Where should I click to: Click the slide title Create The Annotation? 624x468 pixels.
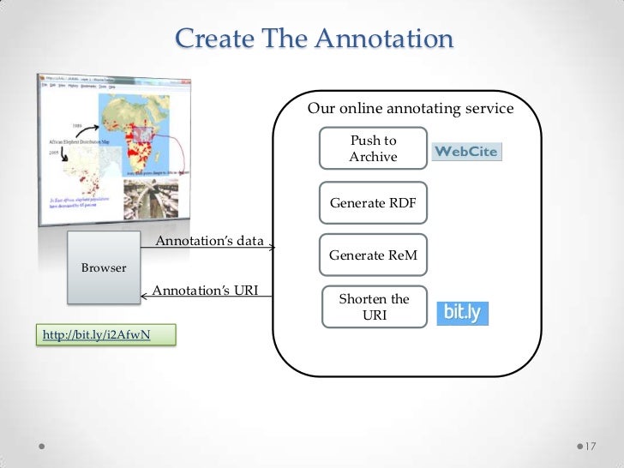point(313,39)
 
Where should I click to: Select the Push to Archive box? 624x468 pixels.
point(373,149)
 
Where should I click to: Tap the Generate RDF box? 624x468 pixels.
point(373,203)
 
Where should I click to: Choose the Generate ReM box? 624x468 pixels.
point(373,255)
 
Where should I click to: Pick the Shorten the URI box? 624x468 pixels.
point(373,307)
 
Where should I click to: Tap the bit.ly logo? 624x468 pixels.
point(463,313)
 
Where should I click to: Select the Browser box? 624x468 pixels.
point(104,267)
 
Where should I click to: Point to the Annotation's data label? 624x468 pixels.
point(208,241)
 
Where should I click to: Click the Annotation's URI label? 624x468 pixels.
point(205,291)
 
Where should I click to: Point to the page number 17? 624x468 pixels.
point(590,447)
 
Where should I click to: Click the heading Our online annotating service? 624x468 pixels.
point(410,109)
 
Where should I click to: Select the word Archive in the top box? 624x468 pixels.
point(373,157)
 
